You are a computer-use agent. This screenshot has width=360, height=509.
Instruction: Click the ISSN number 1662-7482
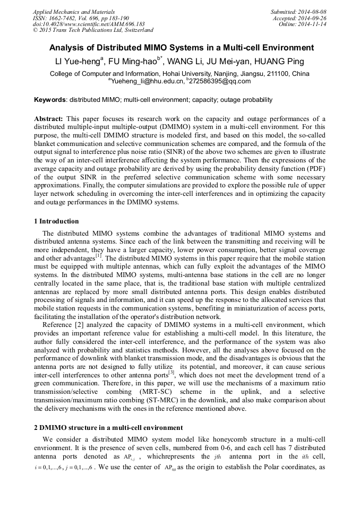click(64, 18)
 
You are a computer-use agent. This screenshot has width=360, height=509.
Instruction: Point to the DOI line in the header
click(89, 24)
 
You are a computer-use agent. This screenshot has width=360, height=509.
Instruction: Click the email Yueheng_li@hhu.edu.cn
click(147, 81)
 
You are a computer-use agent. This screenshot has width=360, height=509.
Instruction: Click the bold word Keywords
click(50, 100)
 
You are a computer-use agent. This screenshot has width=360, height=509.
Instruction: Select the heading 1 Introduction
click(56, 221)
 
